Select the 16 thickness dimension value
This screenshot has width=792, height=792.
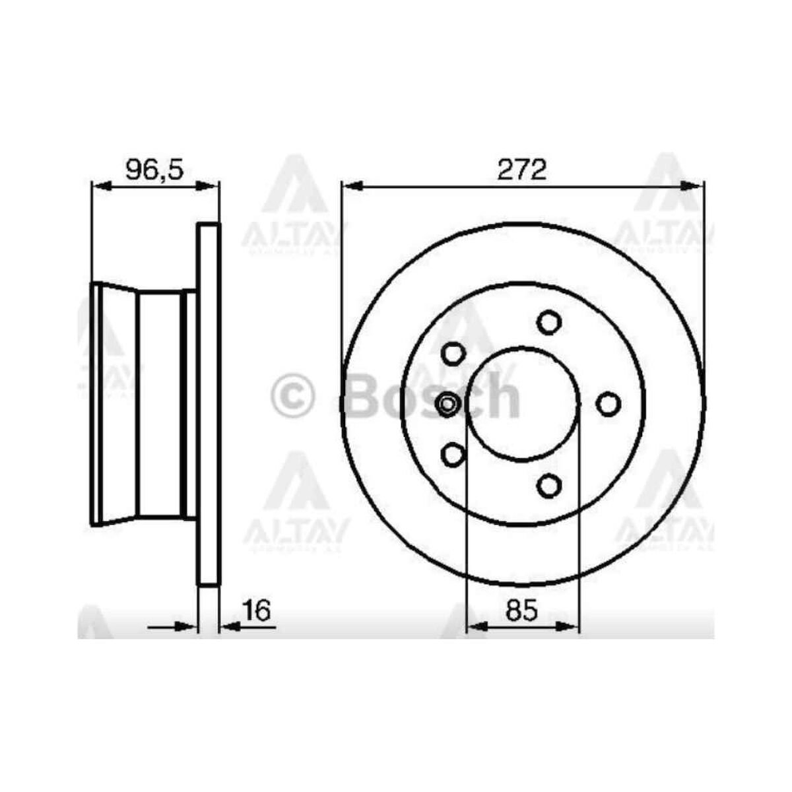(x=257, y=611)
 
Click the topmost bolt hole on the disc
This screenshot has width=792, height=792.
(x=548, y=322)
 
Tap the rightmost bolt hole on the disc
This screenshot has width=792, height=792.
(x=608, y=404)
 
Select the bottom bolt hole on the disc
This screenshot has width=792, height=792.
(x=548, y=486)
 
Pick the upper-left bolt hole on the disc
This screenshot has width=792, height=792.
(x=453, y=354)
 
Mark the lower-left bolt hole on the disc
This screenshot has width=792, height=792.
(x=453, y=454)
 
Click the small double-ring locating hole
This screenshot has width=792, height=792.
(x=447, y=404)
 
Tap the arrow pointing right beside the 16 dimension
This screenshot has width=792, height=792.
(x=188, y=626)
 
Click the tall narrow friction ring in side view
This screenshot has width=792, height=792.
(x=209, y=404)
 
